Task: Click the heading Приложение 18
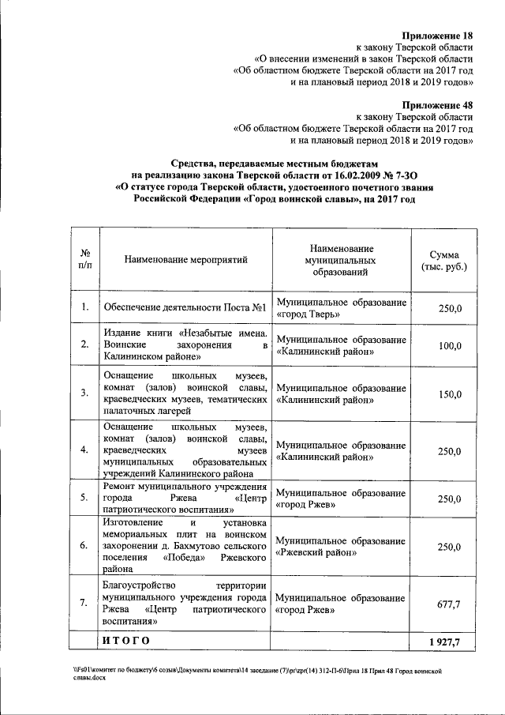pyautogui.click(x=437, y=36)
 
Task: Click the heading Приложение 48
pyautogui.click(x=437, y=104)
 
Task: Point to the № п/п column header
pyautogui.click(x=84, y=259)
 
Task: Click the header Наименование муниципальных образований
pyautogui.click(x=341, y=259)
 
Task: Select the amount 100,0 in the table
pyautogui.click(x=449, y=345)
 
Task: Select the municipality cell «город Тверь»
pyautogui.click(x=341, y=308)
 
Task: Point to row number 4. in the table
pyautogui.click(x=84, y=450)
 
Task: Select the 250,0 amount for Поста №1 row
pyautogui.click(x=449, y=308)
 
